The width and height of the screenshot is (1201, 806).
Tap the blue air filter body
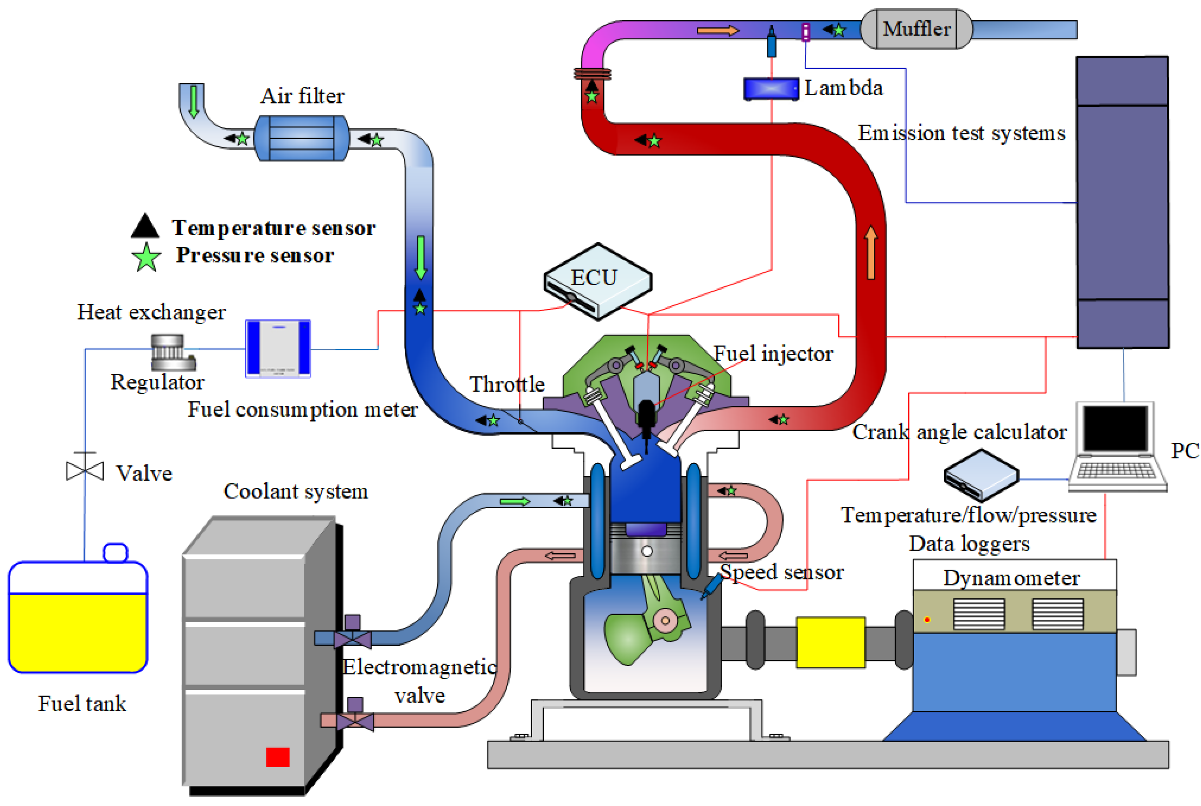[302, 138]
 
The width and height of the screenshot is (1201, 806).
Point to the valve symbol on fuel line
[85, 470]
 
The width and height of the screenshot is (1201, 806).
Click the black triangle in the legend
[145, 227]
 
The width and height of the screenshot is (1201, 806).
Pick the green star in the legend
[147, 257]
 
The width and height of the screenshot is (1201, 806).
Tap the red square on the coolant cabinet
[278, 757]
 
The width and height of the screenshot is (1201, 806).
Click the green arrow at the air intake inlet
[194, 101]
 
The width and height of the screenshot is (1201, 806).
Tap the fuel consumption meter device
[278, 348]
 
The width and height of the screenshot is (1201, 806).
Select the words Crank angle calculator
[958, 432]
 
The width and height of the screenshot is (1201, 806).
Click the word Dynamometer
[1011, 578]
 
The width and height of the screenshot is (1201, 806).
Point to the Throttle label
[507, 384]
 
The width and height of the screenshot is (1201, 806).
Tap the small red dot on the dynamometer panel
[927, 619]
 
